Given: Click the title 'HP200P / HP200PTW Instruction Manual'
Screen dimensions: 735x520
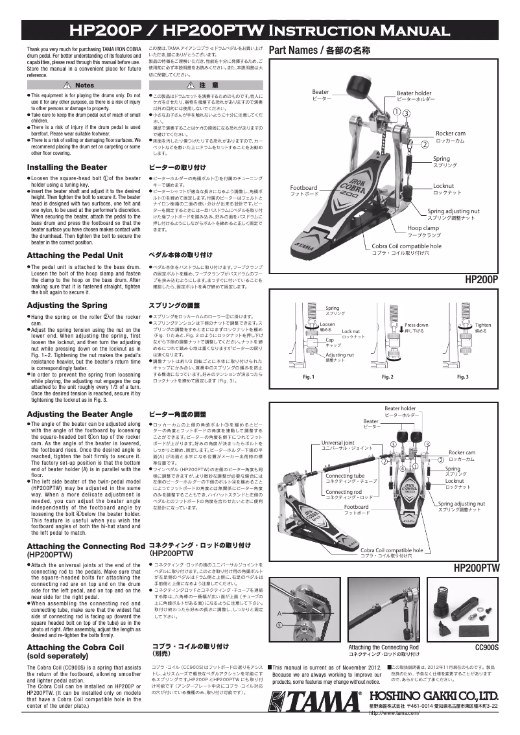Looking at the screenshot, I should coord(259,30).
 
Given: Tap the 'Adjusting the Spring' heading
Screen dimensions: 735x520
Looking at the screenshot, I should coord(67,305).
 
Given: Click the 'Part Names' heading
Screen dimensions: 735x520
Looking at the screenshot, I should coord(318,50).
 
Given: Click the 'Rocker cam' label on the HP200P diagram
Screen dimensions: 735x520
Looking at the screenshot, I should coord(450,133).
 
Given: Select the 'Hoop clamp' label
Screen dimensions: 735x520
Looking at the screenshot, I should coord(423,228).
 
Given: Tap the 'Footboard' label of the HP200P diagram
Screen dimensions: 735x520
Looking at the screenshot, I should coord(304,188).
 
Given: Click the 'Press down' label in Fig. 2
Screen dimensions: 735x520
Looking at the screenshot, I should coord(416,325).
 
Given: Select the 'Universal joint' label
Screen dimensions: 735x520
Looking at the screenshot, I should coord(338,442).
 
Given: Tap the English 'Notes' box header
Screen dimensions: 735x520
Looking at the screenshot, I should coord(80,86).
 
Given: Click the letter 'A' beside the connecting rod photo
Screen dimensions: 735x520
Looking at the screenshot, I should coord(278,612).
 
